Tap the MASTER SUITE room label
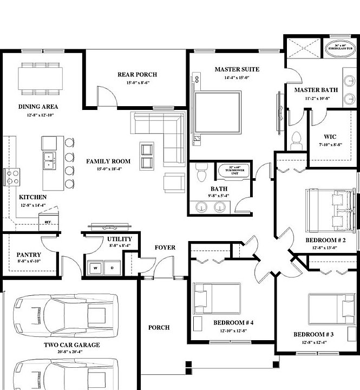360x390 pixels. tap(237, 69)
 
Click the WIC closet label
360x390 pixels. tap(330, 136)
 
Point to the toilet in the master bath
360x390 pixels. tap(296, 141)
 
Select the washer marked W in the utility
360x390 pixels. tap(95, 268)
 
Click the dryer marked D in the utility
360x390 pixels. tap(112, 268)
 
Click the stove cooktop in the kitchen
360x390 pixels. tap(12, 177)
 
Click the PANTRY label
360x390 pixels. tap(26, 254)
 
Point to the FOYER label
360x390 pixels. tap(165, 248)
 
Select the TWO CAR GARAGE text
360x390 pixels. tap(71, 344)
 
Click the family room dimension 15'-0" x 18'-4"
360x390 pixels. tap(108, 169)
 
